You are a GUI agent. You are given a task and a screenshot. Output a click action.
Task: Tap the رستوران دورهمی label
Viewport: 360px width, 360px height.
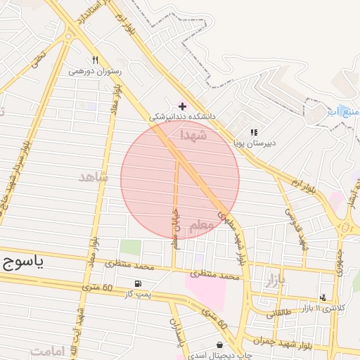[95, 71]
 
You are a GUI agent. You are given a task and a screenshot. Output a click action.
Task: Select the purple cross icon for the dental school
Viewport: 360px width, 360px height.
[183, 105]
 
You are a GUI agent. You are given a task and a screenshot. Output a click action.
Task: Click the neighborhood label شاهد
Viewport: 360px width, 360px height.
[94, 177]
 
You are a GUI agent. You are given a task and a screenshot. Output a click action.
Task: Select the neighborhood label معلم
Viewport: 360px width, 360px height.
[203, 224]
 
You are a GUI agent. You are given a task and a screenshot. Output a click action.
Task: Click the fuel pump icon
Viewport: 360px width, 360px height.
[136, 283]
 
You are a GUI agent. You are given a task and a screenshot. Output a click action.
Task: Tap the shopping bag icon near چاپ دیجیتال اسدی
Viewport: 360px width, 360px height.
[221, 345]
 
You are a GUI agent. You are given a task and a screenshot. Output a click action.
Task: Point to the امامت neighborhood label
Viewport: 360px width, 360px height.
[48, 350]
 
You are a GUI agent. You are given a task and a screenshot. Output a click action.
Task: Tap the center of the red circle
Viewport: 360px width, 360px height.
[180, 180]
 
